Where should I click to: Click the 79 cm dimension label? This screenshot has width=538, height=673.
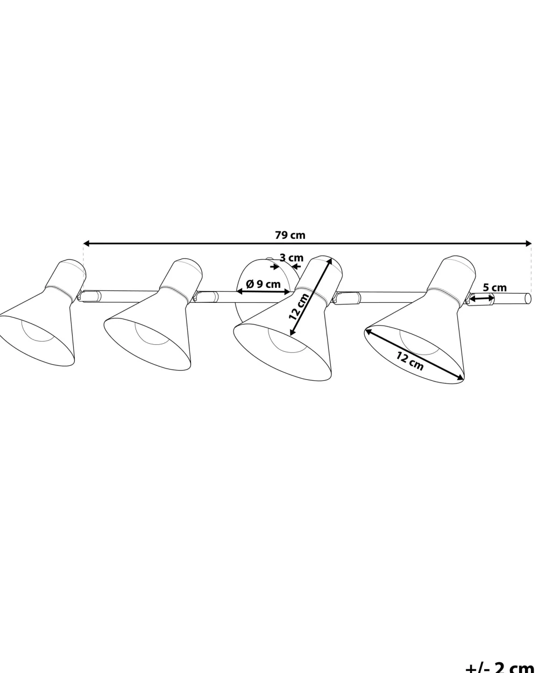coord(290,235)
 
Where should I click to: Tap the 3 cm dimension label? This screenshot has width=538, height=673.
coord(291,258)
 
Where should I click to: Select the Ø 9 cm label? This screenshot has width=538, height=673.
coord(263,284)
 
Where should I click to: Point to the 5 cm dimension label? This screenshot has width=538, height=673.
coord(494,287)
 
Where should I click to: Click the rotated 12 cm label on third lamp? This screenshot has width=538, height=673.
coord(299,307)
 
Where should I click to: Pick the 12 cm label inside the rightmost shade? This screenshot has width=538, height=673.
coord(410,360)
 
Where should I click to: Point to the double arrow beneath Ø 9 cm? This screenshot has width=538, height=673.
coord(263,292)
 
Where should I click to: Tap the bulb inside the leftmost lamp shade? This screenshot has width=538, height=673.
coord(38,331)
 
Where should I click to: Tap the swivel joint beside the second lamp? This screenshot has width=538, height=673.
coord(206,296)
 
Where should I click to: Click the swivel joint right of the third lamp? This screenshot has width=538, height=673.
coord(346,297)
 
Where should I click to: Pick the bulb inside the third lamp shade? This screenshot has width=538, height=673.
coord(287,340)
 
